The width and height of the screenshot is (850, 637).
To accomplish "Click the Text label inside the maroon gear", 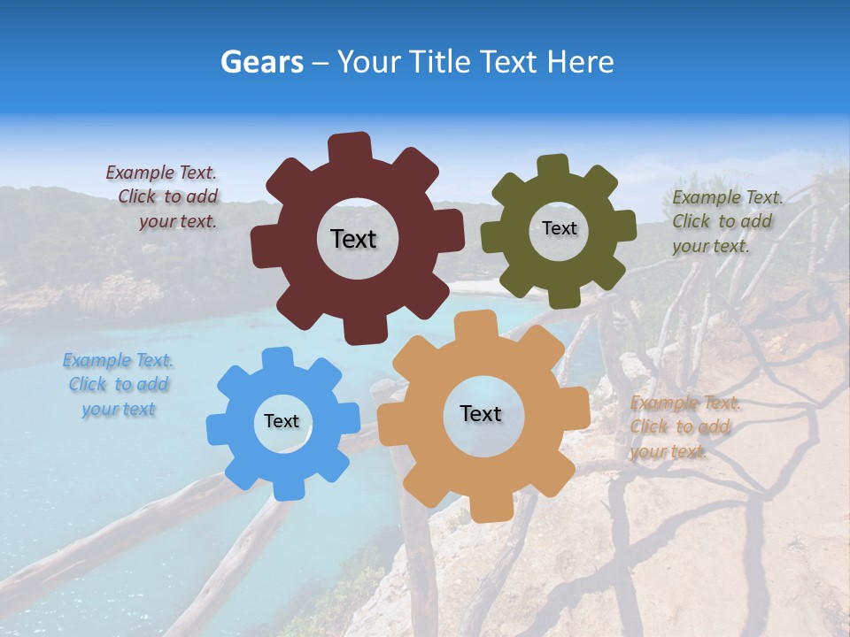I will (353, 239).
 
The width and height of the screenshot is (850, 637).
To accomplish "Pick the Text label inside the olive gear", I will (559, 228).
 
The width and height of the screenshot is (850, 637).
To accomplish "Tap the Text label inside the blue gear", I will (282, 422).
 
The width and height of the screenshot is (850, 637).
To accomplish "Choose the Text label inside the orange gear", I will (481, 413).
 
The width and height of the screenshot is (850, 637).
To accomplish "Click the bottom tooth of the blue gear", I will (286, 487).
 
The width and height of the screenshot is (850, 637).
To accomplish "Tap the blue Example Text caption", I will (118, 385).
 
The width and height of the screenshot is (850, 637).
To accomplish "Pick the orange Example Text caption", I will (682, 427).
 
